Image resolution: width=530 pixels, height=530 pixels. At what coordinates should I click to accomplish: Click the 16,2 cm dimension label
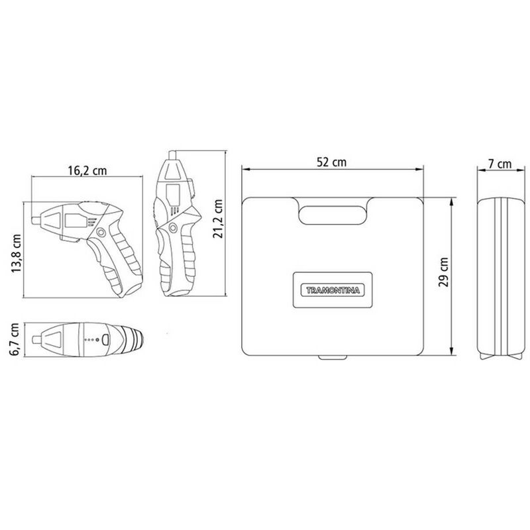pos(87,170)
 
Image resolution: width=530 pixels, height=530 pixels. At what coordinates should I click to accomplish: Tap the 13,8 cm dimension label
pos(16,254)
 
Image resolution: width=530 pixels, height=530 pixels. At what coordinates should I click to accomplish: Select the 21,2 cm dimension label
pos(218,219)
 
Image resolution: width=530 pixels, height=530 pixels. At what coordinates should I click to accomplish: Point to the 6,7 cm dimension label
pos(14,339)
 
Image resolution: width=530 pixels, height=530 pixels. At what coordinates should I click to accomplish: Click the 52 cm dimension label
pos(332,162)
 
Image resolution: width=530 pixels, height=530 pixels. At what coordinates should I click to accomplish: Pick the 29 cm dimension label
pos(443,272)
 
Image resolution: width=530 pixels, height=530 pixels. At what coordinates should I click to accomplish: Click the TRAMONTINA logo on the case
pos(333,290)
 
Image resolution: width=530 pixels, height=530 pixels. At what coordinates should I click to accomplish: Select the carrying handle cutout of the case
pos(333,215)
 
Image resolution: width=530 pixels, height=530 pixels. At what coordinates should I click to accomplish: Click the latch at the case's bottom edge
pos(333,357)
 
